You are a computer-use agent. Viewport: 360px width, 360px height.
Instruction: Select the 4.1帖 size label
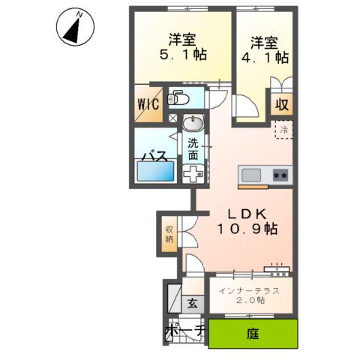point(264,55)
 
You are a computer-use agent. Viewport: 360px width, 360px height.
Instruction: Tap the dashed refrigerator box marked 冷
point(283,130)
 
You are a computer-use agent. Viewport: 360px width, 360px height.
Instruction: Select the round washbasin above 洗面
point(193,123)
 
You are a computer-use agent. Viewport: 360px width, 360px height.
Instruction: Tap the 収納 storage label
point(170,234)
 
